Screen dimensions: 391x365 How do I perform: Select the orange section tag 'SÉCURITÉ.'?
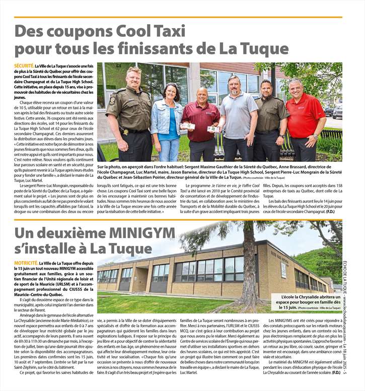click(x=24, y=66)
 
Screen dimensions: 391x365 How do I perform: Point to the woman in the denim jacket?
click(x=166, y=121)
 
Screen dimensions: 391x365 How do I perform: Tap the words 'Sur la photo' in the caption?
click(x=108, y=166)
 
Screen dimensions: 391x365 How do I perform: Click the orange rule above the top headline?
click(x=178, y=17)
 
